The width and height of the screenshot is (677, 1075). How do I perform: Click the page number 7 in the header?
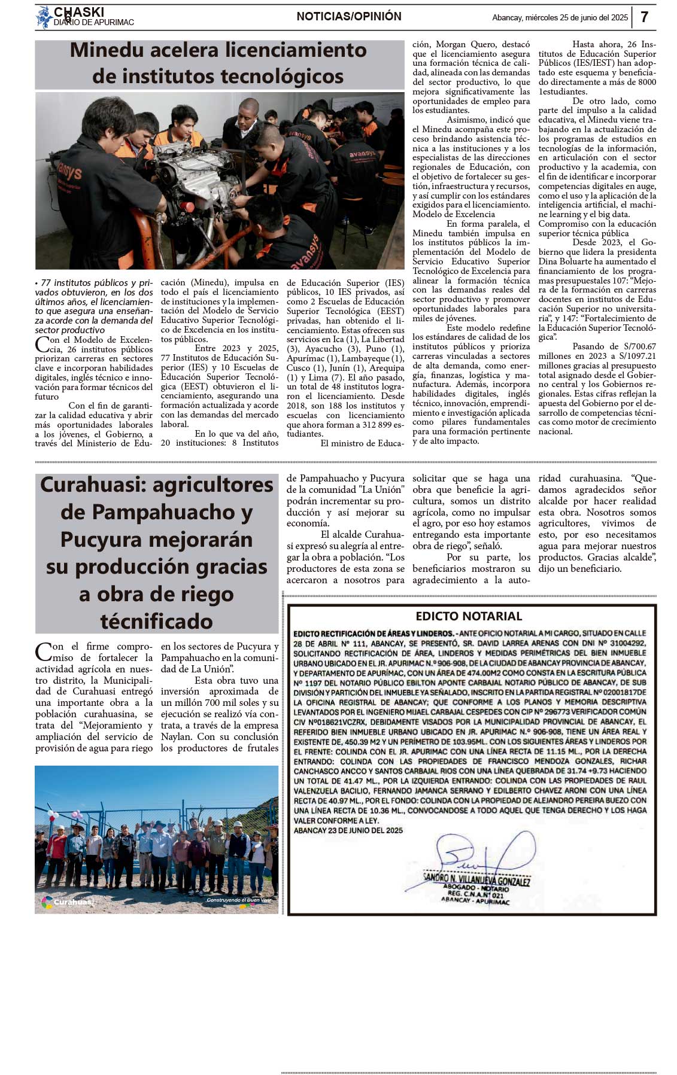pyautogui.click(x=644, y=17)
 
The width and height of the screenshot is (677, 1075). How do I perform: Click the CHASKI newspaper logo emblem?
pyautogui.click(x=44, y=17)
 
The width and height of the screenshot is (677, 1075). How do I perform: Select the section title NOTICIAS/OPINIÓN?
pyautogui.click(x=349, y=17)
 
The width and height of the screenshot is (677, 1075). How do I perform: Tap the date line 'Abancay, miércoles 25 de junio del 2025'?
pyautogui.click(x=560, y=18)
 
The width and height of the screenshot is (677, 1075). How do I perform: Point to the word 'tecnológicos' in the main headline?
pyautogui.click(x=282, y=77)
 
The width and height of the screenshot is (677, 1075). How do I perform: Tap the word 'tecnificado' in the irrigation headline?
pyautogui.click(x=156, y=621)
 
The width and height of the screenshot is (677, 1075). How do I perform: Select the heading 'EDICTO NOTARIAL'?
pyautogui.click(x=469, y=616)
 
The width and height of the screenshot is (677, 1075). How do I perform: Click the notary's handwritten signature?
pyautogui.click(x=479, y=856)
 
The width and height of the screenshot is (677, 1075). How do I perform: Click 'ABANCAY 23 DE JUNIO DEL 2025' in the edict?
pyautogui.click(x=348, y=830)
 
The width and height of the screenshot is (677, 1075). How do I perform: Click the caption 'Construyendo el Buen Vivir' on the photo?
pyautogui.click(x=239, y=900)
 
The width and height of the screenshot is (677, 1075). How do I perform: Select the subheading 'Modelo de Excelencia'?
pyautogui.click(x=454, y=214)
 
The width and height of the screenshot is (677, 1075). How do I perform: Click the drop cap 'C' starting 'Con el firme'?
pyautogui.click(x=42, y=651)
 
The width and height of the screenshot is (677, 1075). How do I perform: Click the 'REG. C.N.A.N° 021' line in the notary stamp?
pyautogui.click(x=476, y=896)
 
